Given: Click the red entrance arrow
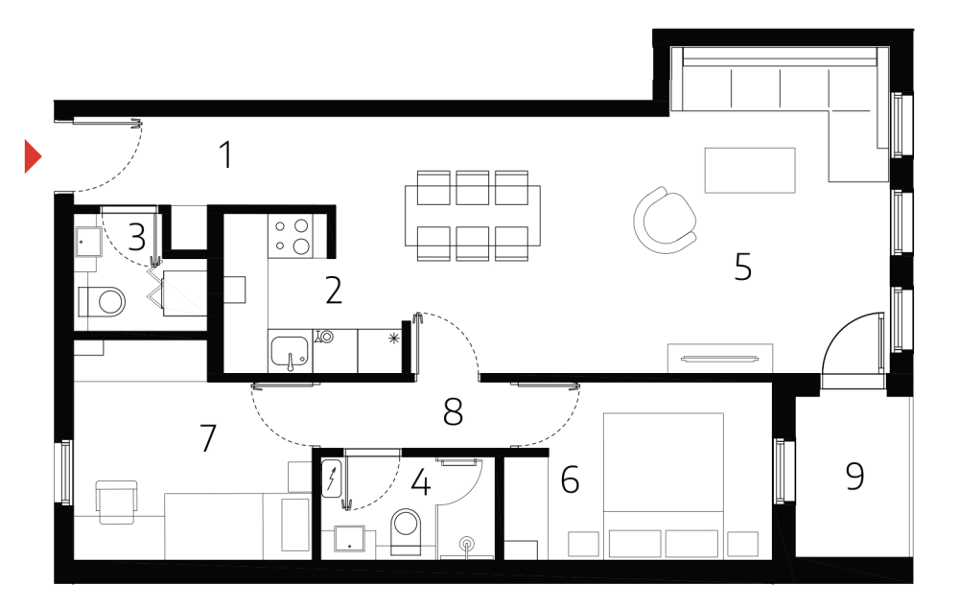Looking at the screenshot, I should click(33, 156).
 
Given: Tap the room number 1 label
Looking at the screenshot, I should click(225, 154).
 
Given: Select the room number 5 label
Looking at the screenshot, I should click(742, 267).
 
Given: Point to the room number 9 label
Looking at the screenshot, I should click(854, 476).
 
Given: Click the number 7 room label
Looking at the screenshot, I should click(208, 438).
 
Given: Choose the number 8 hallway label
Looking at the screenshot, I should click(454, 412).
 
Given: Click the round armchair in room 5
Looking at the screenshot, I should click(666, 219).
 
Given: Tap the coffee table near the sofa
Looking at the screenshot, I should click(750, 170).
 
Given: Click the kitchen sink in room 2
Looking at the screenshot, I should click(289, 352).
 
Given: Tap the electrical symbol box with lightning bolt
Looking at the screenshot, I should click(331, 478).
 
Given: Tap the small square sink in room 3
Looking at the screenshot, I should click(89, 243).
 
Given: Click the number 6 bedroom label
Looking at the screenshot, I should click(570, 479).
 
